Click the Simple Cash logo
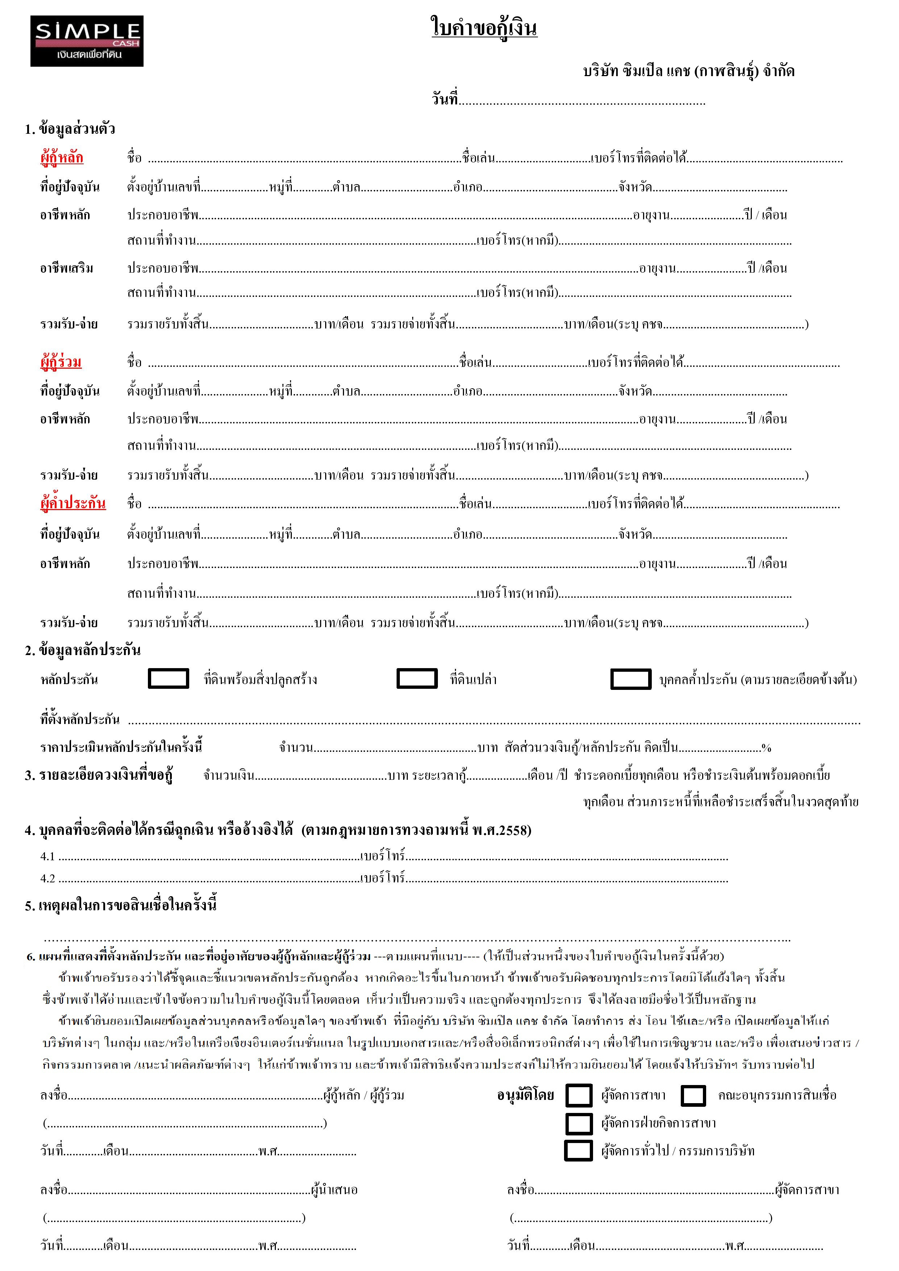87,41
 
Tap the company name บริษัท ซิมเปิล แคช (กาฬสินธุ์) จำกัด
689,71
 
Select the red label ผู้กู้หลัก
62,158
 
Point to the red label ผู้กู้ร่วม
61,363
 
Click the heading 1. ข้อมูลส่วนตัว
70,129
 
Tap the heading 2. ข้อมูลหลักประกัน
83,650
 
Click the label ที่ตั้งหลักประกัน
80,719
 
